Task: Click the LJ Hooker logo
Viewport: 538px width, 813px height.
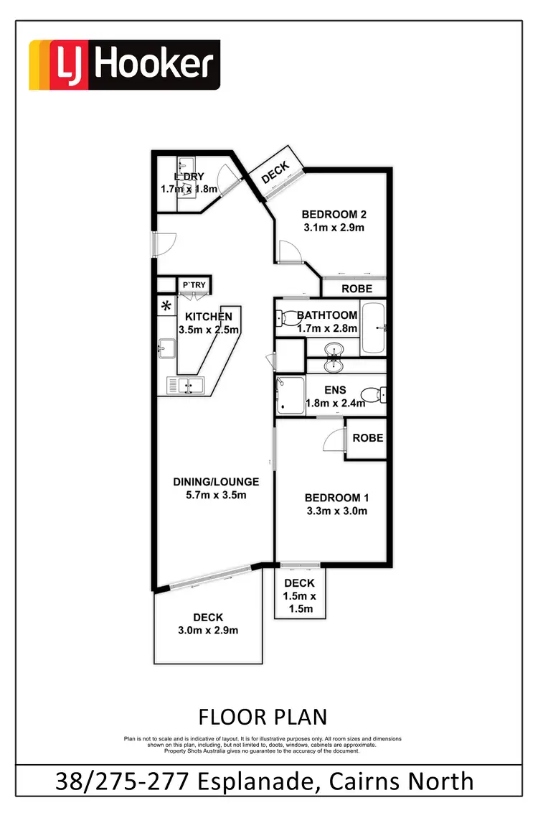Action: point(124,65)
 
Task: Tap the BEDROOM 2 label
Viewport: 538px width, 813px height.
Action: point(334,214)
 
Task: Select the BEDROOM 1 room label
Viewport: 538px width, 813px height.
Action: point(336,498)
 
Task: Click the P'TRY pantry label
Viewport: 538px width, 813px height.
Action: point(194,286)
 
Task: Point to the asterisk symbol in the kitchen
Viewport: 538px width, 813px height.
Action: point(166,306)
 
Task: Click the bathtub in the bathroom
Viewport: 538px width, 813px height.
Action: point(374,327)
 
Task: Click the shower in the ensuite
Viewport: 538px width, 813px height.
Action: point(290,395)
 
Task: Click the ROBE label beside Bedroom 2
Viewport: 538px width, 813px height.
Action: point(357,289)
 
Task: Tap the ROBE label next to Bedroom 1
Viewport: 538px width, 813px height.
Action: point(367,437)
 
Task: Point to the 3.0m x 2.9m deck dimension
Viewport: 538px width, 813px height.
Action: point(208,631)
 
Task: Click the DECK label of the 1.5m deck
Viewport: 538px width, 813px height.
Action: point(299,583)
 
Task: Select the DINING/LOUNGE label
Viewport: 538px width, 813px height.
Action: point(216,481)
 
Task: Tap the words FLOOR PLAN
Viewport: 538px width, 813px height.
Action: point(263,716)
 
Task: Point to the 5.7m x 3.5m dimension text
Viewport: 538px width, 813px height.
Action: point(216,495)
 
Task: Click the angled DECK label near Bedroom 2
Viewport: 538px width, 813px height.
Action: point(275,172)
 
